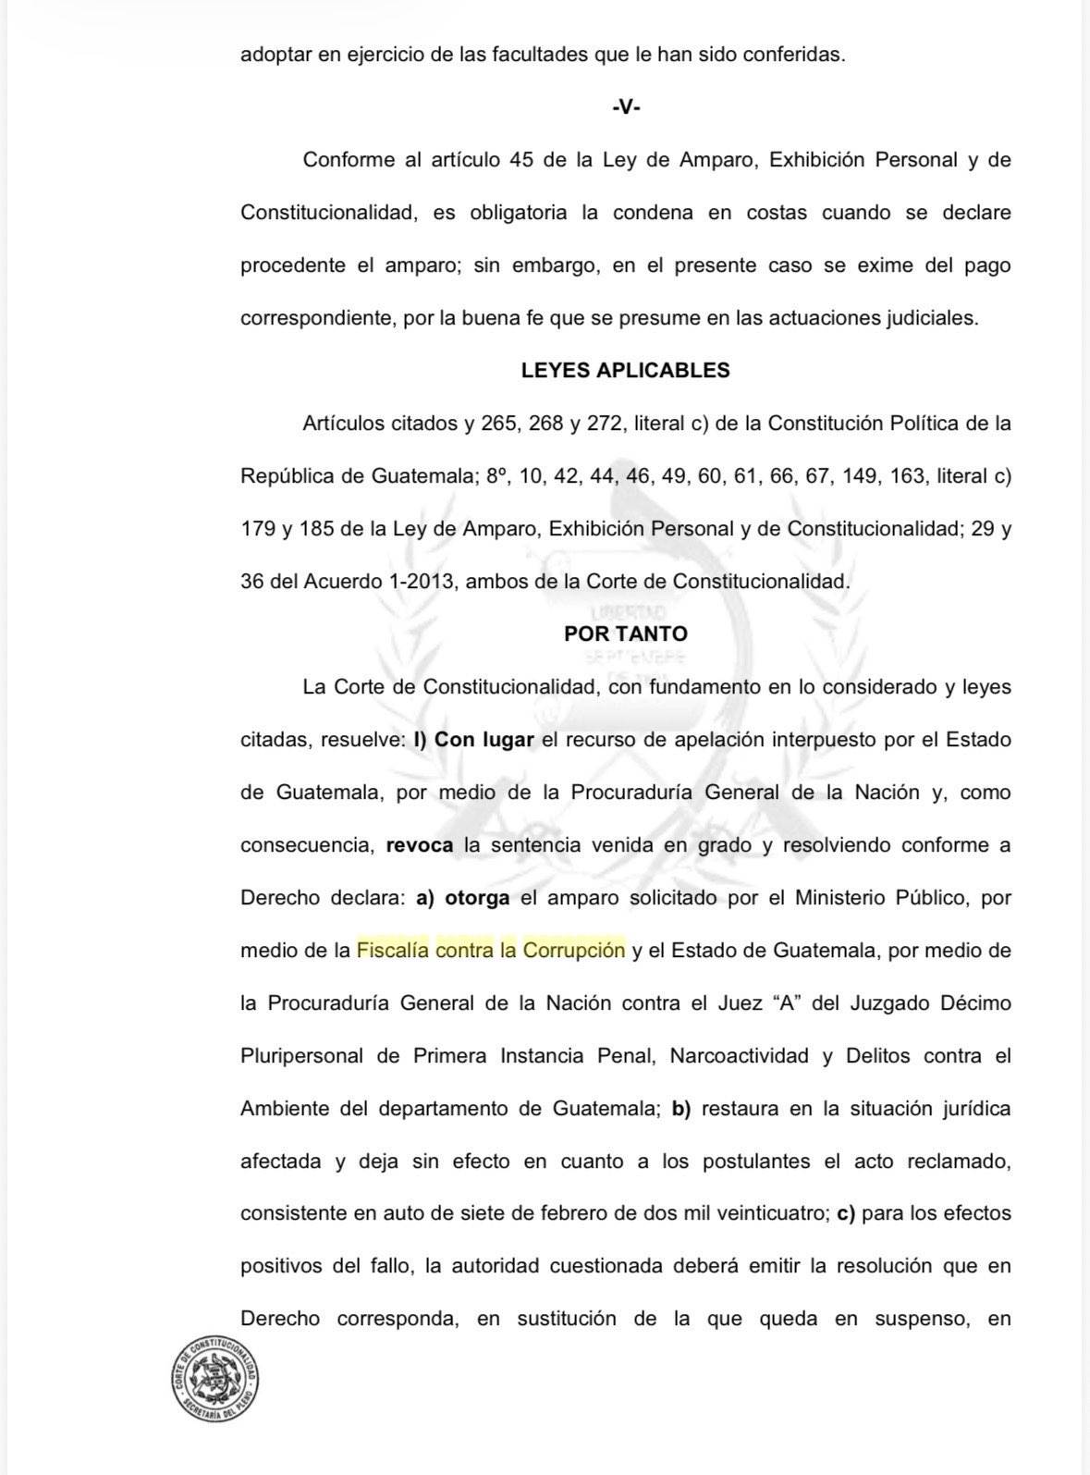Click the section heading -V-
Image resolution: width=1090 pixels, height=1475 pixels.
(626, 107)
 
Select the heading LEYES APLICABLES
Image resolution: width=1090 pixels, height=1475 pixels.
(625, 371)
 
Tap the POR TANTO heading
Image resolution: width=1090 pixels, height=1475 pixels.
(625, 634)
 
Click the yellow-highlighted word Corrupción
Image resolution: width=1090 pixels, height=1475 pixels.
(574, 951)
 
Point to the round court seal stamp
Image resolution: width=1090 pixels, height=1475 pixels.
(215, 1375)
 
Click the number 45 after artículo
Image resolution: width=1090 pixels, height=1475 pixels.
(521, 160)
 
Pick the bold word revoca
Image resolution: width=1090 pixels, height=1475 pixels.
(419, 845)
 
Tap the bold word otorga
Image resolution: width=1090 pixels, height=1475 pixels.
(477, 898)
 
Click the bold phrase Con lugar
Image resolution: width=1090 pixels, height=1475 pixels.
(484, 740)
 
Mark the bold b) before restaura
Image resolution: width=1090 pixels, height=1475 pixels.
(681, 1109)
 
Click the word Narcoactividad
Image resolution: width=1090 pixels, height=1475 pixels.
(739, 1056)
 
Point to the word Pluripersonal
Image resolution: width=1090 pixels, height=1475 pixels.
(301, 1056)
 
